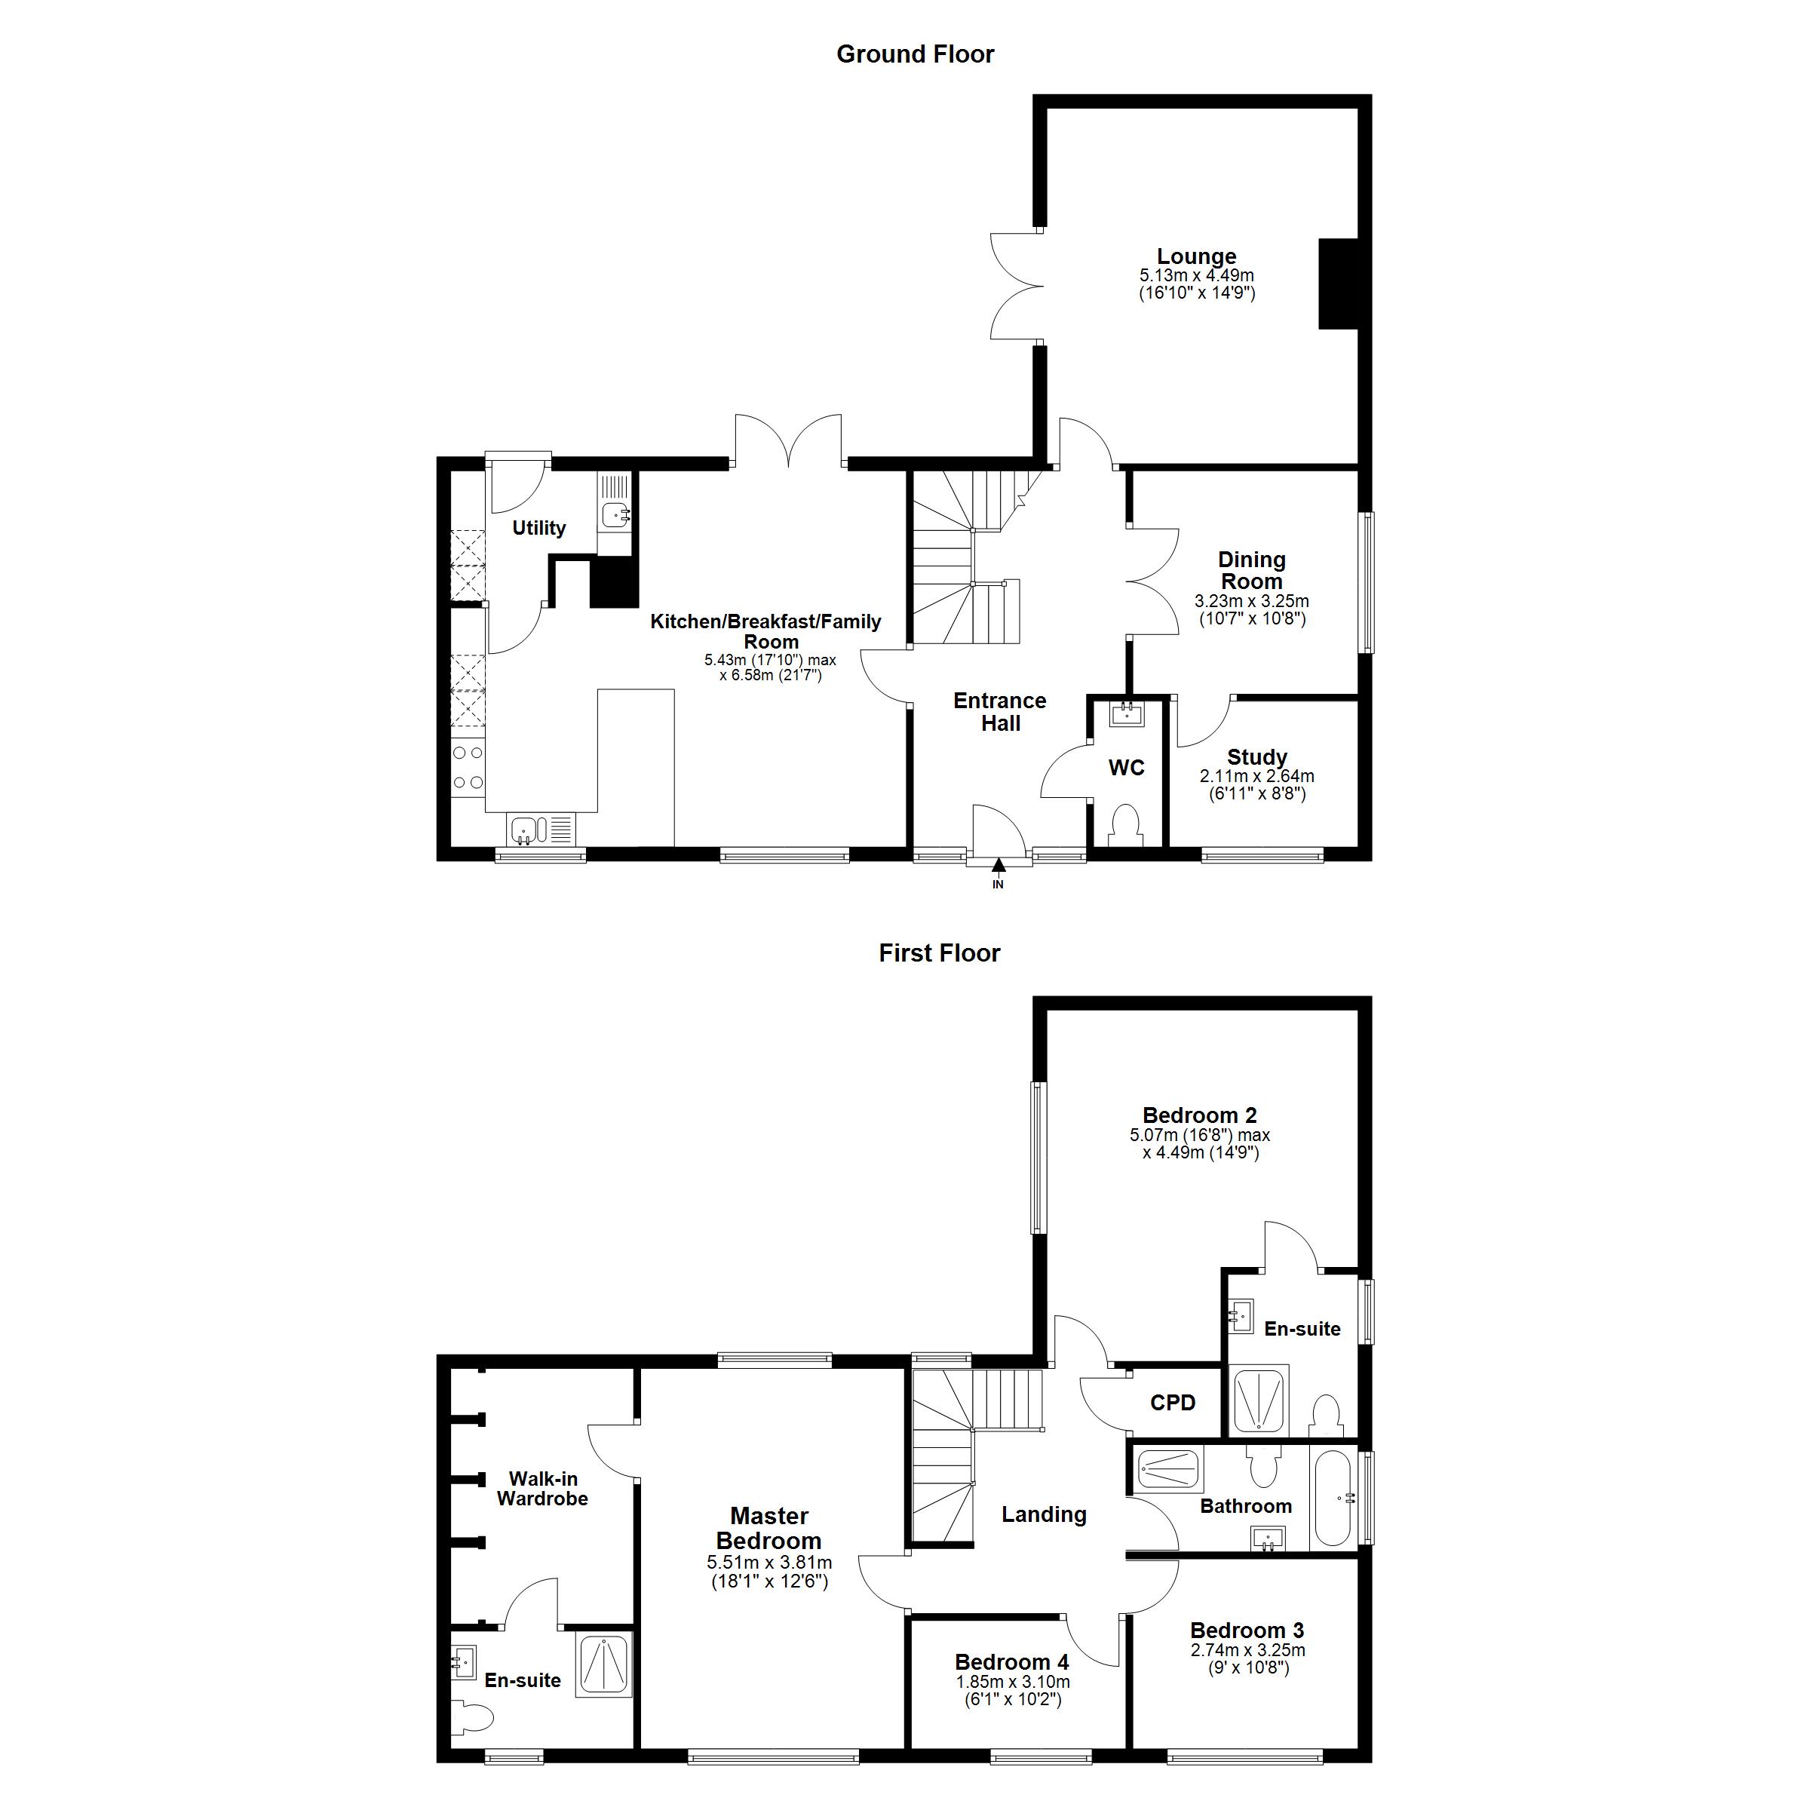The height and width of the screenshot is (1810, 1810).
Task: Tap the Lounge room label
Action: point(1196,256)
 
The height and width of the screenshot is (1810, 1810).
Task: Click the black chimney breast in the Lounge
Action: point(1339,284)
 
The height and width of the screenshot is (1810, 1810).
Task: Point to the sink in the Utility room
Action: point(615,514)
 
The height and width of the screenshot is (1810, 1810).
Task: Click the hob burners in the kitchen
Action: point(468,767)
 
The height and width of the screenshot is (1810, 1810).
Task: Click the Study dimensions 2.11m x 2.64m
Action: point(1256,777)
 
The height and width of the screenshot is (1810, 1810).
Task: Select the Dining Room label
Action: point(1252,571)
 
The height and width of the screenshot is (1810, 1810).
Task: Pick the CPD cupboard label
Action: point(1172,1403)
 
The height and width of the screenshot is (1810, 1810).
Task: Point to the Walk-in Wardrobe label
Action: point(542,1489)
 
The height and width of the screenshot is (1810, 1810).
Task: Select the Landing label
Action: point(1044,1515)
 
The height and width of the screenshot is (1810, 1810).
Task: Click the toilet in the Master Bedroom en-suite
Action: point(475,1719)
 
